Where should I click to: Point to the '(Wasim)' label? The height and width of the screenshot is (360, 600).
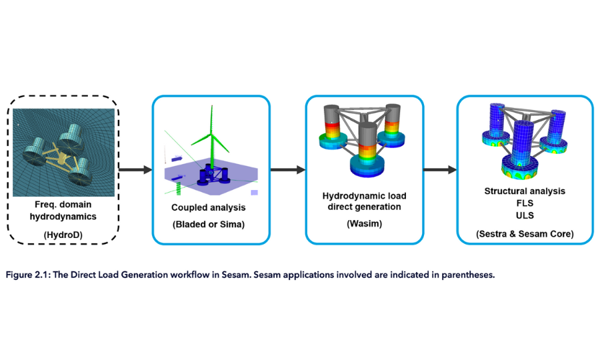(x=364, y=224)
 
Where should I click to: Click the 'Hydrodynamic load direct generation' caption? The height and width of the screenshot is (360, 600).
(x=364, y=201)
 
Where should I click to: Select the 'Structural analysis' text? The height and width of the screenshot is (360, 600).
(x=525, y=191)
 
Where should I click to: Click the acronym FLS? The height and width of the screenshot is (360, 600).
(x=525, y=203)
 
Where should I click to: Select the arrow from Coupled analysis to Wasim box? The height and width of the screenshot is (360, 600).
(x=287, y=171)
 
